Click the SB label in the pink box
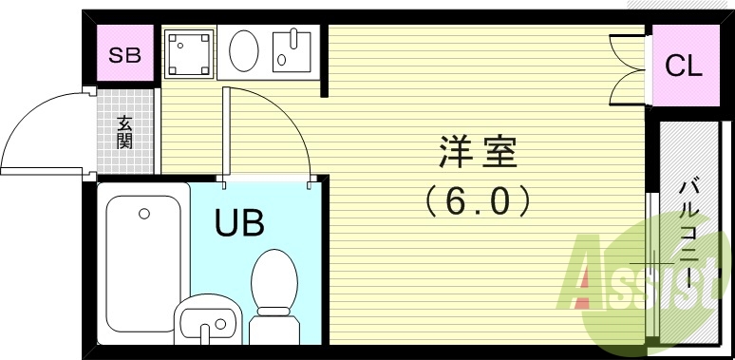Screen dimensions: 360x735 click(123, 55)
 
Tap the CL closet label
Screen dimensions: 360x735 click(683, 66)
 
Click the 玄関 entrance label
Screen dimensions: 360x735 click(124, 132)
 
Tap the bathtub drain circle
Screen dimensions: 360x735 click(144, 214)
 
